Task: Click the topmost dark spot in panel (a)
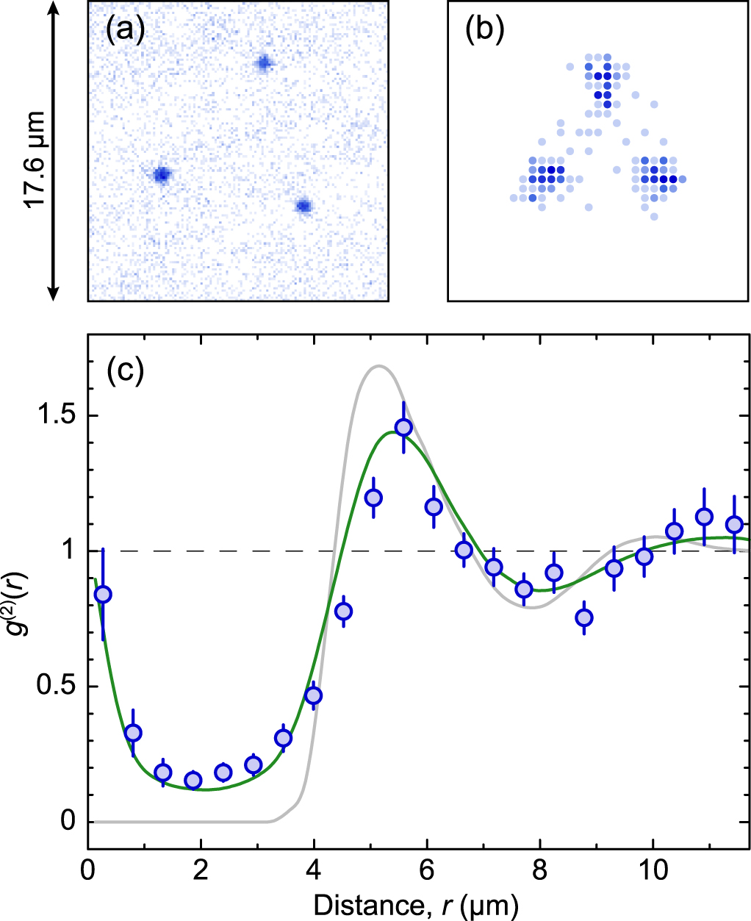tap(264, 64)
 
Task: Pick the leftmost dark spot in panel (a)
tap(162, 174)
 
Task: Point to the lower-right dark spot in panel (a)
tap(303, 207)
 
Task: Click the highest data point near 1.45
tap(403, 427)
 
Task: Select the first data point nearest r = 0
tap(104, 594)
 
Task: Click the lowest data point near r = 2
tap(193, 780)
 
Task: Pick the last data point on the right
tap(734, 524)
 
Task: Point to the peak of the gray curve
tap(378, 365)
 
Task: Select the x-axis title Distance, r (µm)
tap(416, 905)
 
